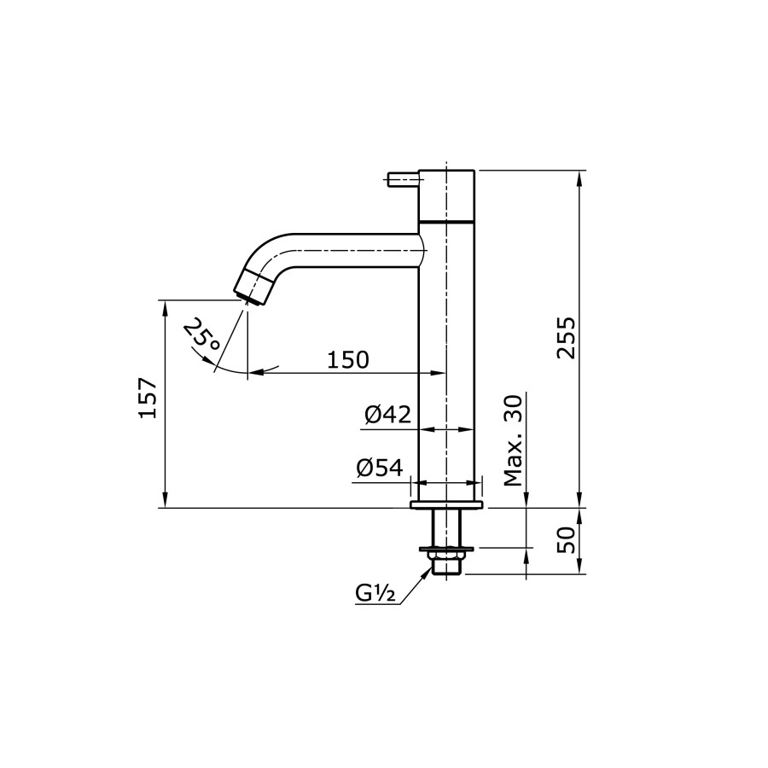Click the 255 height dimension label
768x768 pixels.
567,338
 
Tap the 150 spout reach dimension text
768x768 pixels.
348,359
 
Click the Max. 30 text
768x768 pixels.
512,440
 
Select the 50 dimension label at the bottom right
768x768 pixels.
567,541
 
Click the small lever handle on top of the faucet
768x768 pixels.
402,178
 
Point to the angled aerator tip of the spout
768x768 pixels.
253,287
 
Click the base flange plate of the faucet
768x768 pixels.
446,505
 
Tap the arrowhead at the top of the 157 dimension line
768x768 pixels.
164,305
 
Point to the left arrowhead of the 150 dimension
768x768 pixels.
254,373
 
